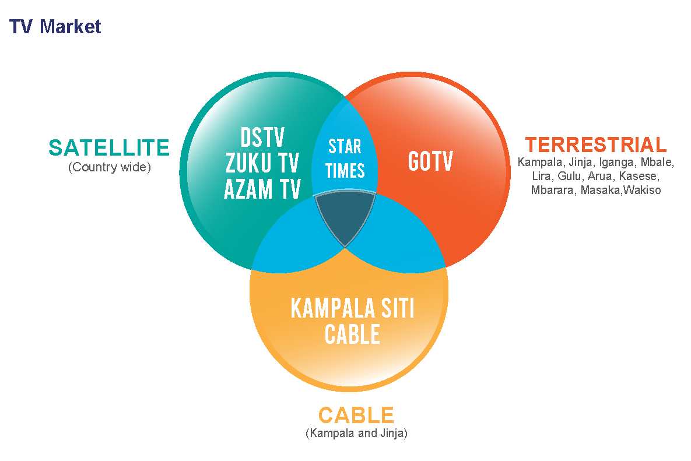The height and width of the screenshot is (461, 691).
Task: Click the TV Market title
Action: (55, 27)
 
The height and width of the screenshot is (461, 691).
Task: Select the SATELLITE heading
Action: (109, 148)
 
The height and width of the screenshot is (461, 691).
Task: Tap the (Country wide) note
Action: (109, 167)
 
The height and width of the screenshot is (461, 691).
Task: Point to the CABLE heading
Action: (356, 416)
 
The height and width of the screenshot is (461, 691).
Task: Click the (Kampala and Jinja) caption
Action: (356, 434)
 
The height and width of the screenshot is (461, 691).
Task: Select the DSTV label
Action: (262, 138)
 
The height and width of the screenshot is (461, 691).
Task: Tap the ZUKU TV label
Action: (262, 164)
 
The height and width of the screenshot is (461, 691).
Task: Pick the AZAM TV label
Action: (262, 189)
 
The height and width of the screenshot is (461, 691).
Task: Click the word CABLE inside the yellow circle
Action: (352, 335)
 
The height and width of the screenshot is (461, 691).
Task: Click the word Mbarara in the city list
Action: (553, 190)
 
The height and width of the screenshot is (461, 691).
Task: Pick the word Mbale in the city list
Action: (657, 162)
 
